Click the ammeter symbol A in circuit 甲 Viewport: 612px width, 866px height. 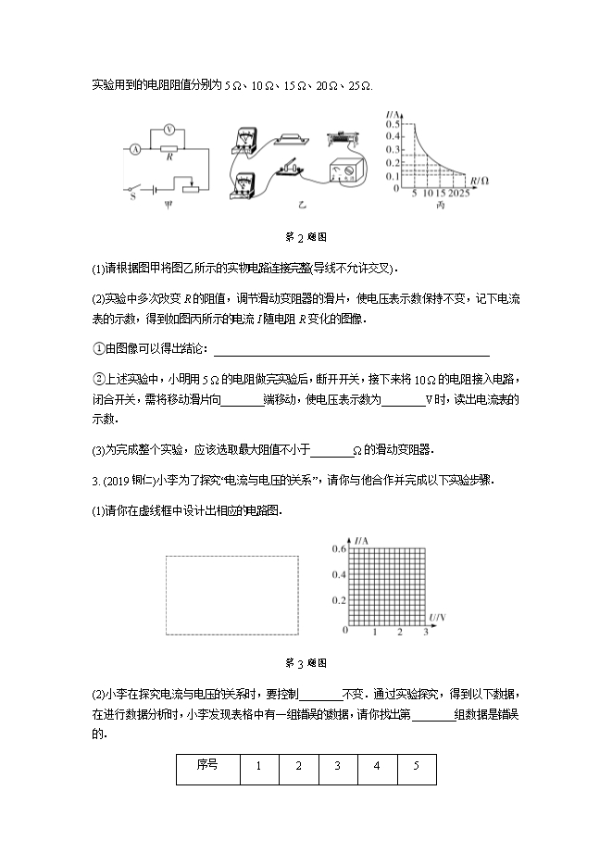point(135,148)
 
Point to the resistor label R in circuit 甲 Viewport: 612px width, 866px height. point(169,157)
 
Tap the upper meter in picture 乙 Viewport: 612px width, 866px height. point(244,142)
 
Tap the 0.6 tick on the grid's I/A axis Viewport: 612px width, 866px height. point(339,549)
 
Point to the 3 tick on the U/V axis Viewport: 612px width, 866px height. point(426,632)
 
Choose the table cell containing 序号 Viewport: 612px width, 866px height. point(207,766)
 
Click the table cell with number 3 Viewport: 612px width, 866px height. point(338,766)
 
